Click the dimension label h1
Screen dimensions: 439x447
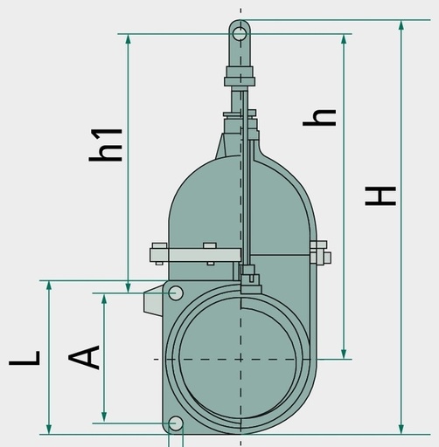click(106, 145)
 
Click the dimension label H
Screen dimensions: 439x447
click(380, 196)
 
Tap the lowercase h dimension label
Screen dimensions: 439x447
click(319, 118)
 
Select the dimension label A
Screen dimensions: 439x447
click(84, 357)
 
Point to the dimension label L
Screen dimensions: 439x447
click(24, 358)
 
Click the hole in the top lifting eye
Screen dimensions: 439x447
click(240, 34)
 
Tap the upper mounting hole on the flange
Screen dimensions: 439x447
click(176, 293)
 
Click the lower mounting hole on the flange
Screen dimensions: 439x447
click(176, 423)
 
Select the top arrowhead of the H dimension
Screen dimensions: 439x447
click(401, 24)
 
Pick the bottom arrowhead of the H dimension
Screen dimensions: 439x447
click(401, 430)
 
